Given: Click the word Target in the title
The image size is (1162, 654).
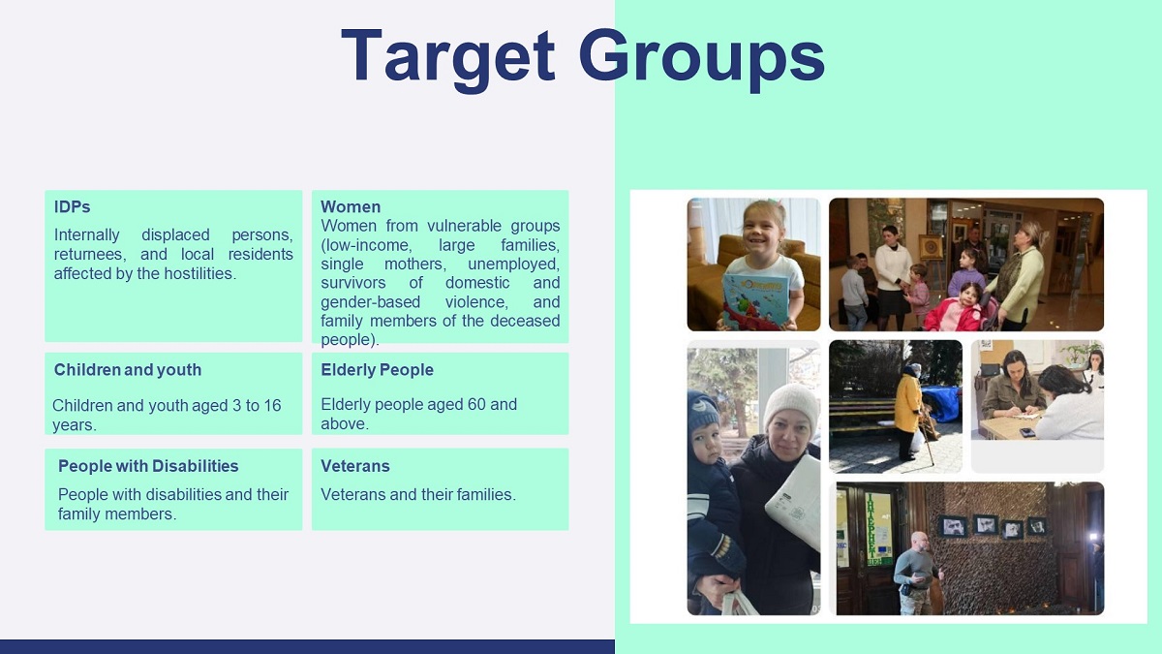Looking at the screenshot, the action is tap(448, 57).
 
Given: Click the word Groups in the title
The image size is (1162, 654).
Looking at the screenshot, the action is tap(701, 57).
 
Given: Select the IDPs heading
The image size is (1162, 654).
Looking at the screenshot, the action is tap(72, 206).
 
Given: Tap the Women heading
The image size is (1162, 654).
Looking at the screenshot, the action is tap(351, 206).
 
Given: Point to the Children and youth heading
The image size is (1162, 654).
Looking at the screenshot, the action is tap(128, 369).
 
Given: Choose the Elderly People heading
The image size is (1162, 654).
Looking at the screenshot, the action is tap(377, 369).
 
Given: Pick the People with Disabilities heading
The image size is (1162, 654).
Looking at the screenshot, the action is tap(148, 466).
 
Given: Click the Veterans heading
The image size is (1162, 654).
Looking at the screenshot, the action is tap(355, 466).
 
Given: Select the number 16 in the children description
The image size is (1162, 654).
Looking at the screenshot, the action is tap(272, 405).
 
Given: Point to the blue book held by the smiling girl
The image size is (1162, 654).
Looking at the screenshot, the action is tap(755, 301).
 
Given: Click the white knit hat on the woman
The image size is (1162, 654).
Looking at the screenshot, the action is tap(792, 408).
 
